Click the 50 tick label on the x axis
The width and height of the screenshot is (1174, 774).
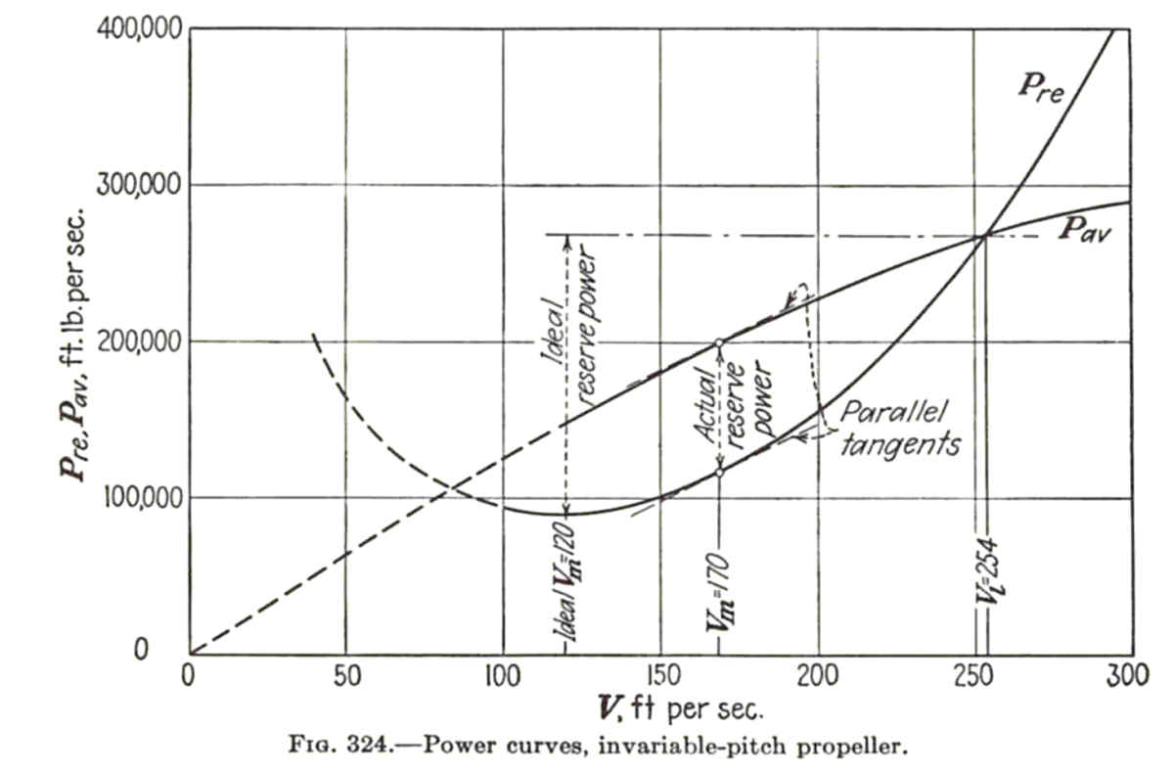(347, 676)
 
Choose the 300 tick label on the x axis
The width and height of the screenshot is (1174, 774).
(1128, 676)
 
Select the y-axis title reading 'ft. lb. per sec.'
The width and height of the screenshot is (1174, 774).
(72, 281)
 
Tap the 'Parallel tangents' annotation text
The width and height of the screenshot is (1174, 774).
(900, 429)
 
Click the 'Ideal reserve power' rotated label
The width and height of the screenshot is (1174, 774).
(569, 325)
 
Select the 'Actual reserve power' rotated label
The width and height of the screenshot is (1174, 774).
(732, 402)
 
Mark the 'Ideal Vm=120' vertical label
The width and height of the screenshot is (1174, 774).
(568, 582)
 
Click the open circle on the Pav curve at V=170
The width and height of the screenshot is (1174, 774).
(719, 343)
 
